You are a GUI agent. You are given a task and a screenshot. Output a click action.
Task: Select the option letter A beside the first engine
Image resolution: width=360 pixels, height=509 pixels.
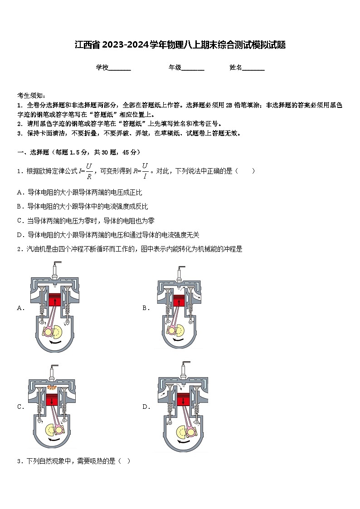tap(20, 308)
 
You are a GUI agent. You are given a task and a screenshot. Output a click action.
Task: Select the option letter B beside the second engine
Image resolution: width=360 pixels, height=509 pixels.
tap(146, 308)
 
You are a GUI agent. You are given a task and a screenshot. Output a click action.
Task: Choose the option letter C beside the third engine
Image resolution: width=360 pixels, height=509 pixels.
tap(20, 407)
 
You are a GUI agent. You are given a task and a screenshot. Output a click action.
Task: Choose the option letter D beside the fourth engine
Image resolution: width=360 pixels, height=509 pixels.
tap(146, 407)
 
